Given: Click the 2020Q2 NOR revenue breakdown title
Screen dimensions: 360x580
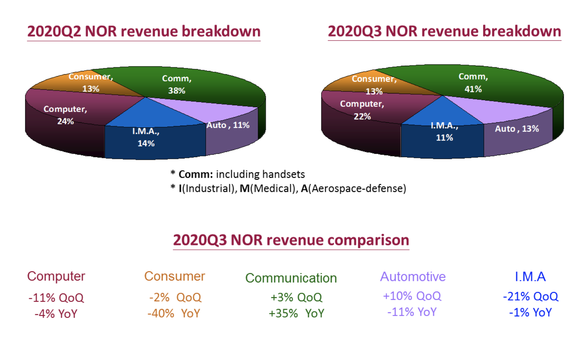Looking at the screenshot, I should [144, 31].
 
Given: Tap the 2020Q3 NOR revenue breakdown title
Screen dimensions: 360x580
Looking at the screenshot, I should [444, 31].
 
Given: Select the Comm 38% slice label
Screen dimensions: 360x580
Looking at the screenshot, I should [176, 84].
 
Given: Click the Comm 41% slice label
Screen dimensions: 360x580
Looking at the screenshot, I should [473, 83].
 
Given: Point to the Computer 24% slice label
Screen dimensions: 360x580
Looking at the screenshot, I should [65, 115].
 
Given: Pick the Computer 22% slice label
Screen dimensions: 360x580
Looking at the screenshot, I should [362, 110].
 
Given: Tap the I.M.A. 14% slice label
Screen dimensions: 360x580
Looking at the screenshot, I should [146, 137].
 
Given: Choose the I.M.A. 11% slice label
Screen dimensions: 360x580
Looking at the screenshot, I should [444, 132].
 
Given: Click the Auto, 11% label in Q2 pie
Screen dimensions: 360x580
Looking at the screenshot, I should [228, 125].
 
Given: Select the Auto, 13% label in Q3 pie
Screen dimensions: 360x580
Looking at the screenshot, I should [517, 129].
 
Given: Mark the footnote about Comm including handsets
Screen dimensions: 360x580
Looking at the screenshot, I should [238, 174].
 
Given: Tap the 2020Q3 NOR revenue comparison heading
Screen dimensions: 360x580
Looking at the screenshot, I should [291, 240].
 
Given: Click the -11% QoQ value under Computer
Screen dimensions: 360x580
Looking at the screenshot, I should [56, 298].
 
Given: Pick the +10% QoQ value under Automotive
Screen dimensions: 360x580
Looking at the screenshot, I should [412, 296].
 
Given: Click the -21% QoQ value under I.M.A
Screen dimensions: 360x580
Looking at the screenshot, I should [530, 296].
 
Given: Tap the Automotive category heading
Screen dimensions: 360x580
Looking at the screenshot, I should [413, 276].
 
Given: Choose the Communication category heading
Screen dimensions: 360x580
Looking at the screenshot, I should [291, 278].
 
